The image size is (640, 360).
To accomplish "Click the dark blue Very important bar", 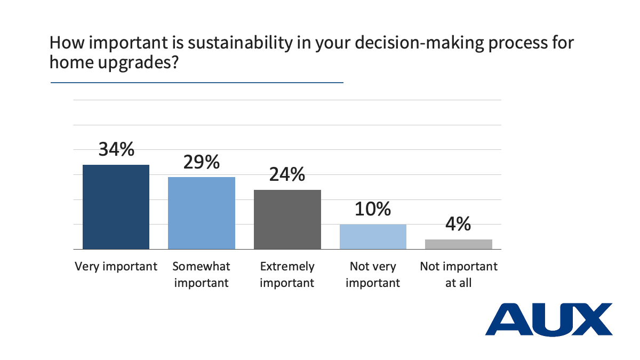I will click(x=116, y=207).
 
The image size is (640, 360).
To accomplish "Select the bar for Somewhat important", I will click(x=202, y=213).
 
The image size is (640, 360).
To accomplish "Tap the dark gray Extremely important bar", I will click(x=287, y=219).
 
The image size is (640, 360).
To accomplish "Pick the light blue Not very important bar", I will click(x=373, y=237).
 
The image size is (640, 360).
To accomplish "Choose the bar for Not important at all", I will click(x=458, y=244).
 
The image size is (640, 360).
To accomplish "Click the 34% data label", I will click(x=116, y=150).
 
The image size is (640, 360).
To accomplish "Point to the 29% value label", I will click(x=202, y=162).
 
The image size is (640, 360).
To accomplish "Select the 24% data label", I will click(x=287, y=174).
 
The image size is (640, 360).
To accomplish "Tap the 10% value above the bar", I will click(x=373, y=209).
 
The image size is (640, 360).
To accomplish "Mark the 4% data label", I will click(x=458, y=224).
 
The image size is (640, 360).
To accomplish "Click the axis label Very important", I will click(x=116, y=267).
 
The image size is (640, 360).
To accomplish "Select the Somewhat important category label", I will click(x=202, y=274).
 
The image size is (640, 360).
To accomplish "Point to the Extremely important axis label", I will click(x=287, y=274).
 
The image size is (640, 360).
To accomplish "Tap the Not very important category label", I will click(x=373, y=274).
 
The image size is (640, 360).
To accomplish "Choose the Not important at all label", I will click(x=458, y=274).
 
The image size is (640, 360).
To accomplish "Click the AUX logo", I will click(x=549, y=319).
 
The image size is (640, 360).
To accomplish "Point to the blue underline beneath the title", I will click(x=197, y=83).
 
